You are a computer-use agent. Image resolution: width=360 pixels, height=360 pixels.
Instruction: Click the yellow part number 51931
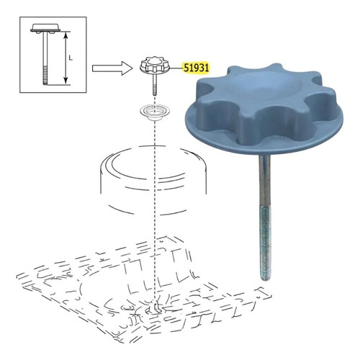pos(196,68)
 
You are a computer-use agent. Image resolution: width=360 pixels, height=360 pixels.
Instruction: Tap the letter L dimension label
pos(71,58)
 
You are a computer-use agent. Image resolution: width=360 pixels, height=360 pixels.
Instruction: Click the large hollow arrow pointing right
pos(112,68)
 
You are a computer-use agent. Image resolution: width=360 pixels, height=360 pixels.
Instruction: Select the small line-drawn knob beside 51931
pos(155,66)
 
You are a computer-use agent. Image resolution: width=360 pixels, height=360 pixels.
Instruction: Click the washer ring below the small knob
pos(155,112)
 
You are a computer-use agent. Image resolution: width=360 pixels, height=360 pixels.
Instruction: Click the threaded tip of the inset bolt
pos(45,76)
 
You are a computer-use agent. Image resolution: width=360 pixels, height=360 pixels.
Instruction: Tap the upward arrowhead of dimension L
pos(66,35)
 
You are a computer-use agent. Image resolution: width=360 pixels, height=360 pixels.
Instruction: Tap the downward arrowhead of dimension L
pos(66,81)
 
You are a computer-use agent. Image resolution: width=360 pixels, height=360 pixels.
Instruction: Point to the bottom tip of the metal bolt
pos(265,279)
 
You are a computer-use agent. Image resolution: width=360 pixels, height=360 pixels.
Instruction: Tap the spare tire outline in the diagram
pos(153,180)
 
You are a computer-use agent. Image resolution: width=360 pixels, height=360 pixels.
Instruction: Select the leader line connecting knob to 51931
pos(176,68)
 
